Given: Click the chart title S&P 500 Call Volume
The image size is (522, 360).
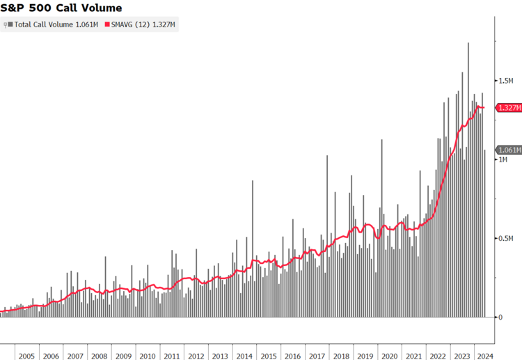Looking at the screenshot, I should tap(61, 8).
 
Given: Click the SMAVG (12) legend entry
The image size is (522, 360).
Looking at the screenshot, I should tap(143, 24).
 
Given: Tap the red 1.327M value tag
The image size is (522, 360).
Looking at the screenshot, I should tap(508, 108).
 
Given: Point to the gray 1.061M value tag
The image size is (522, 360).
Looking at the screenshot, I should tap(508, 150).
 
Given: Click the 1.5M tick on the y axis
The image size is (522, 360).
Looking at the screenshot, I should tap(505, 81).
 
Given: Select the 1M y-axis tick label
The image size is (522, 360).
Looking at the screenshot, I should tap(503, 160).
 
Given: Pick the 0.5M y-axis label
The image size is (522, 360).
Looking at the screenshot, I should tap(505, 239).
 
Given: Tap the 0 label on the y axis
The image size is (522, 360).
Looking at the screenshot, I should tap(500, 318).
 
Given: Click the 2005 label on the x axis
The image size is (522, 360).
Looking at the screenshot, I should tap(26, 356).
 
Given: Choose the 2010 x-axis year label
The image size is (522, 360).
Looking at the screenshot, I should tap(148, 356).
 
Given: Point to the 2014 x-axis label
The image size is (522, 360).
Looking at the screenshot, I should tap(244, 356).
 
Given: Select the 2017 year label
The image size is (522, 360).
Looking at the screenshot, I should tap(317, 356).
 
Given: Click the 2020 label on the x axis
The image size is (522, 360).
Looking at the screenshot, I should tap(390, 356).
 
